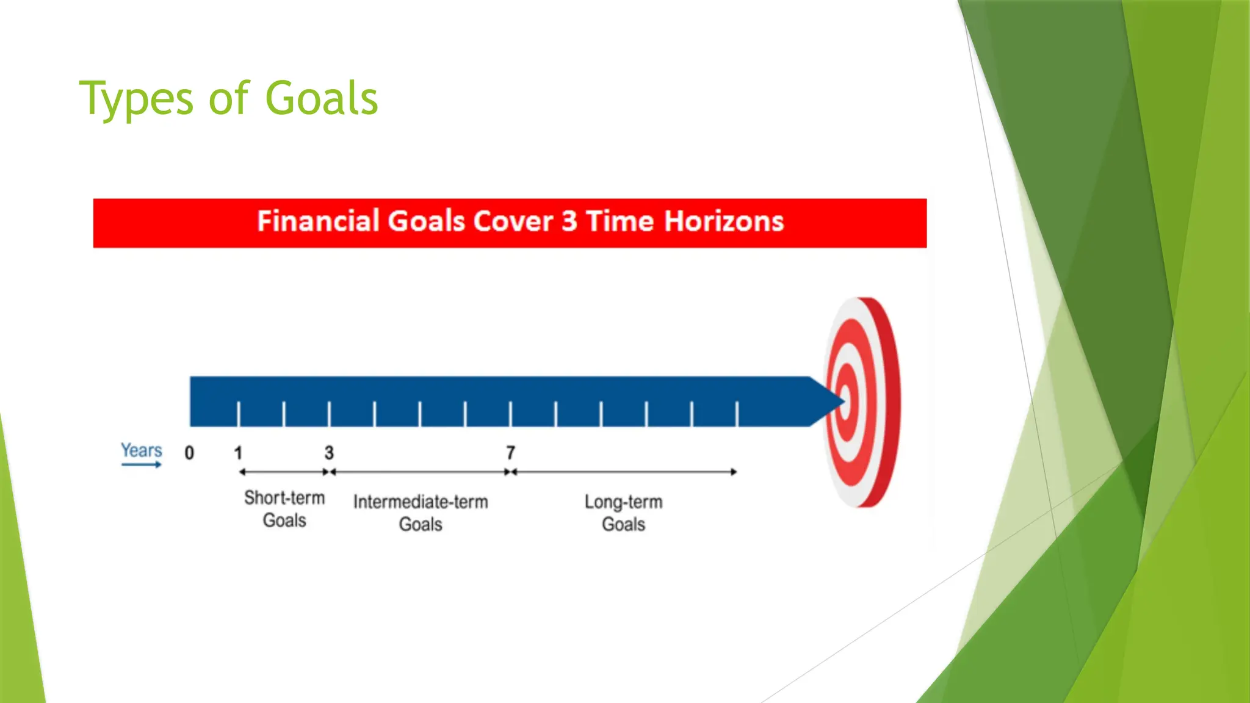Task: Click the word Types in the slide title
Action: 135,99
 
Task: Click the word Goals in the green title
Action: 322,99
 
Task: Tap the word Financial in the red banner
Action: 317,221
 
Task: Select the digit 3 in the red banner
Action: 569,221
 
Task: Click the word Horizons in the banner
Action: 723,221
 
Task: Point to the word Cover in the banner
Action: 512,221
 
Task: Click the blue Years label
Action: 141,450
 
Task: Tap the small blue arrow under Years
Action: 141,465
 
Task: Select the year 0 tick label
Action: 189,453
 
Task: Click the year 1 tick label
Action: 238,453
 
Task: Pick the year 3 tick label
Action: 329,453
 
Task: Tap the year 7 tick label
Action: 511,453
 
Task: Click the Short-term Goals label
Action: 284,509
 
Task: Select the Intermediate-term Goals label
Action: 421,513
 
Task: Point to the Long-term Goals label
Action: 623,513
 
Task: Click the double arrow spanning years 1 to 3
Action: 284,472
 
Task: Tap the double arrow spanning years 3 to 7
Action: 420,472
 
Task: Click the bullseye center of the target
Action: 845,401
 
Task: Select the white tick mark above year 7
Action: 511,414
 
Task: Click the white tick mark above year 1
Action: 238,414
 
